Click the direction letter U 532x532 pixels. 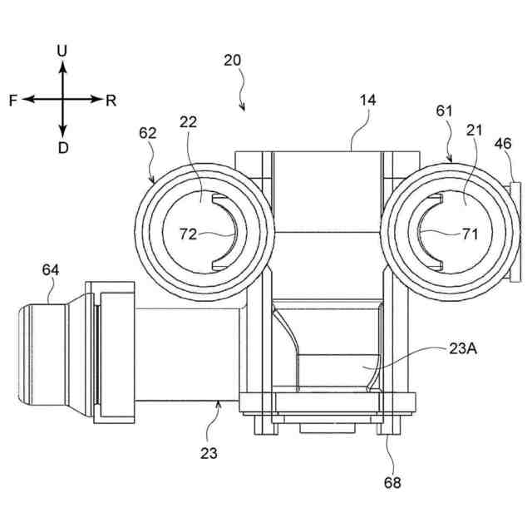pos(62,52)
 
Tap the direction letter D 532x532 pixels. pos(62,147)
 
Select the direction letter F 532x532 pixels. pos(13,100)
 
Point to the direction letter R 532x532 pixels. pos(111,100)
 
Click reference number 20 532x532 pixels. pos(233,60)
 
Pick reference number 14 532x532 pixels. pos(367,100)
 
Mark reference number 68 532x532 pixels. pos(391,482)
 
